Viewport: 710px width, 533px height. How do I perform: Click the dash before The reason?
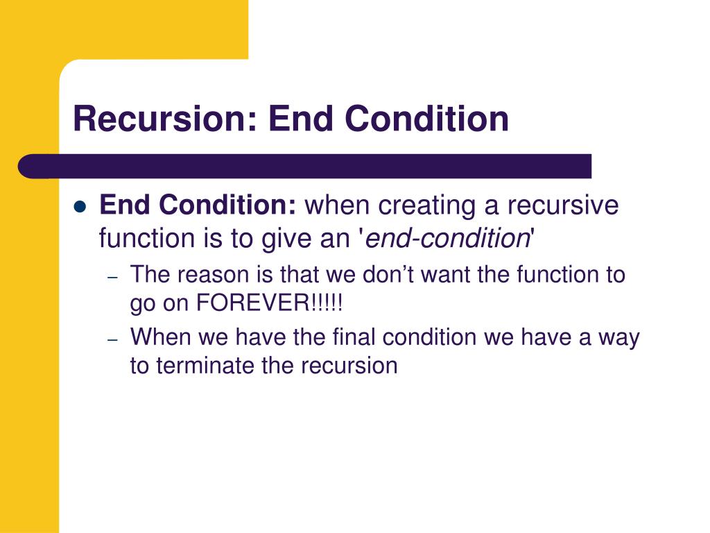pyautogui.click(x=114, y=276)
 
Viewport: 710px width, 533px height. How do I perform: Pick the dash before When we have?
pyautogui.click(x=114, y=339)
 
